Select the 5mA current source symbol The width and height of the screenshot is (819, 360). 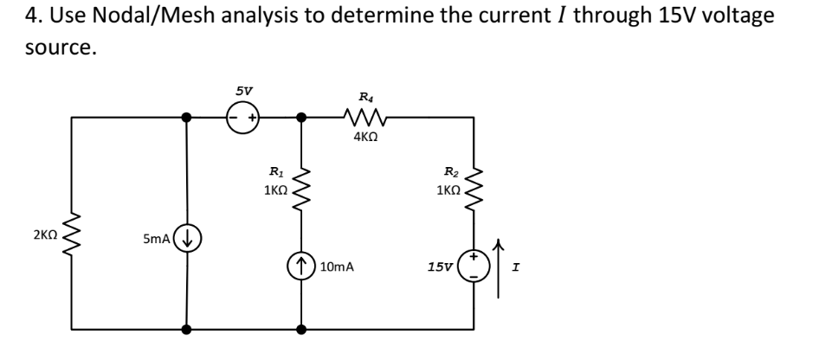(187, 236)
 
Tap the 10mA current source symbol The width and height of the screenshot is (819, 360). (302, 264)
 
